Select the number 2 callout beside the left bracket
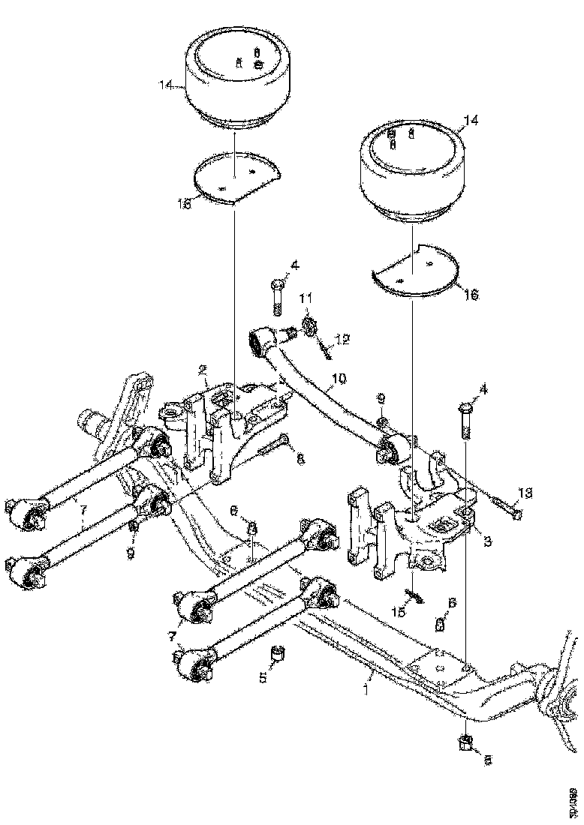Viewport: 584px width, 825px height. [x=203, y=370]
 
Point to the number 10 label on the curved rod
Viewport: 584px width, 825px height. [x=339, y=380]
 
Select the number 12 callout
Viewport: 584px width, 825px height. [x=342, y=340]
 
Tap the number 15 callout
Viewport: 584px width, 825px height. [x=399, y=612]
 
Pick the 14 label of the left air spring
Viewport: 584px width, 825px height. [x=166, y=86]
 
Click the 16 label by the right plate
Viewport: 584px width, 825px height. [x=471, y=295]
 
